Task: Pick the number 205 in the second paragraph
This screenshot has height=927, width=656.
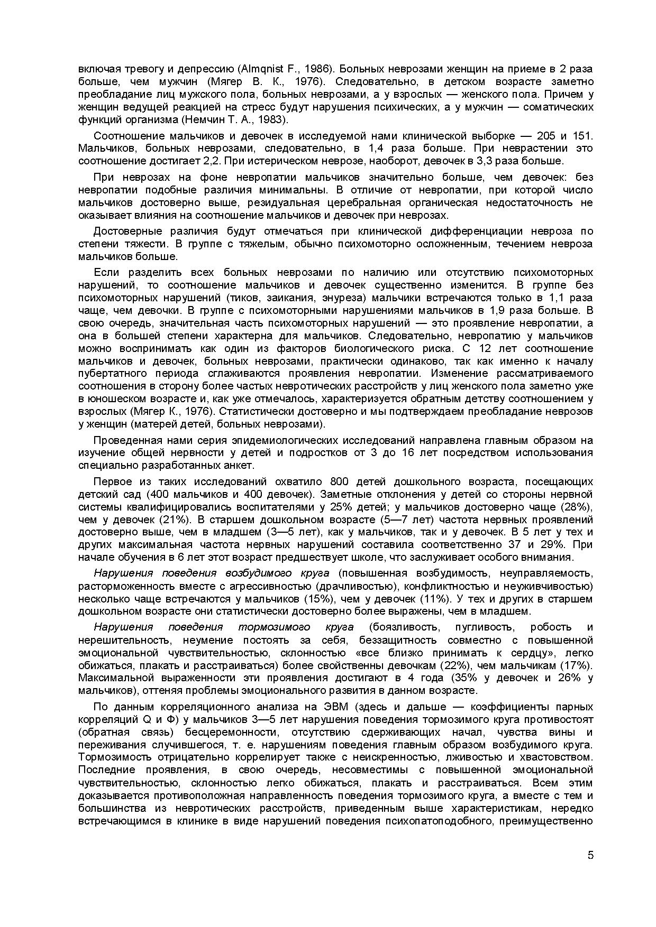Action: pyautogui.click(x=548, y=136)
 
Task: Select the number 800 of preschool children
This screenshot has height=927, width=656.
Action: pyautogui.click(x=340, y=482)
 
